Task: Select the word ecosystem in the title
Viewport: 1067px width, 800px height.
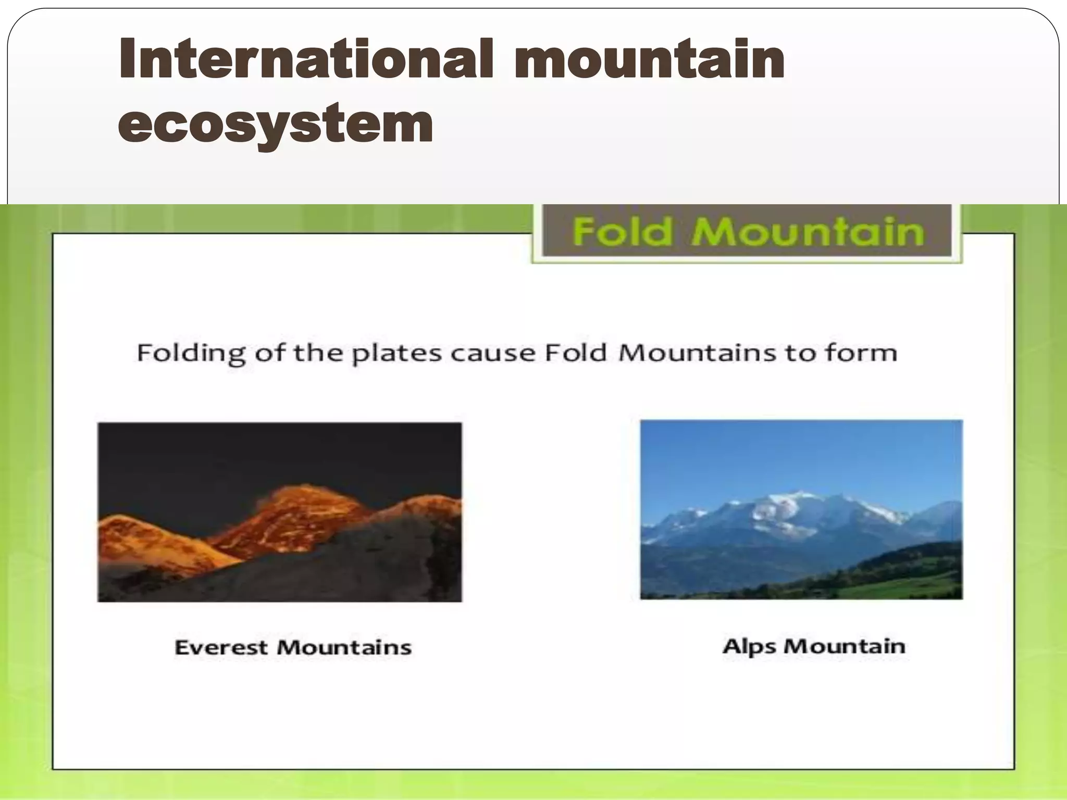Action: (x=276, y=123)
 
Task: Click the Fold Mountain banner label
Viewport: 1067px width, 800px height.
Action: (x=747, y=232)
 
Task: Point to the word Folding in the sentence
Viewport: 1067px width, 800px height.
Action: (x=191, y=354)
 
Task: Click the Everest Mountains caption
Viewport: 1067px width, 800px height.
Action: (x=293, y=647)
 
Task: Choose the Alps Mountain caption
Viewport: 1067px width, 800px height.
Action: (x=814, y=646)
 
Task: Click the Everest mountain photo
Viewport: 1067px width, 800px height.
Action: (x=280, y=512)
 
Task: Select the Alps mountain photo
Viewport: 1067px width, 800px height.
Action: (x=801, y=509)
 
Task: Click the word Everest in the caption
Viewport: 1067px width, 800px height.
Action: (x=221, y=647)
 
